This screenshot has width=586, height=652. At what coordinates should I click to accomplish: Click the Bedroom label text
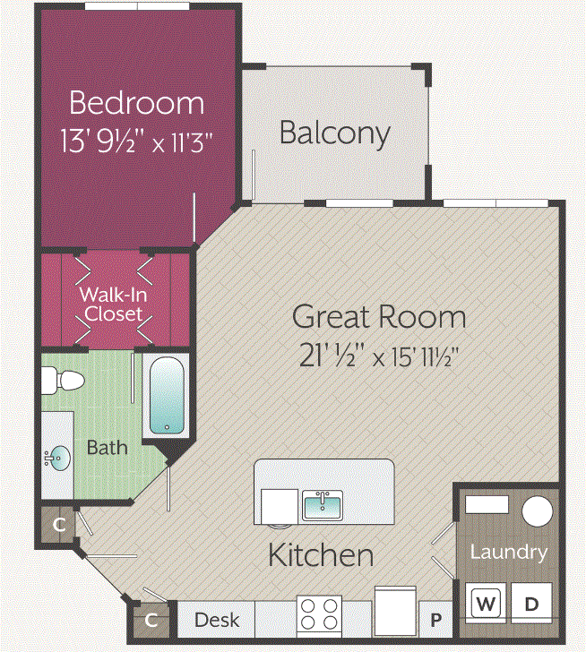point(136,103)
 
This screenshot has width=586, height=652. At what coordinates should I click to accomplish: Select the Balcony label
point(334,133)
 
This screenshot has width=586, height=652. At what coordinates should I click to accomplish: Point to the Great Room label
point(379,317)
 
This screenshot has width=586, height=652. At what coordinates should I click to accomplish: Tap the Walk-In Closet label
point(114,304)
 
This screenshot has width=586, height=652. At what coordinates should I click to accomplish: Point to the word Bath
point(107,447)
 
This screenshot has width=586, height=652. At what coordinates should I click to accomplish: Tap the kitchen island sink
point(322,506)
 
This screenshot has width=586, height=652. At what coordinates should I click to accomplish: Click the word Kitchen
point(321,554)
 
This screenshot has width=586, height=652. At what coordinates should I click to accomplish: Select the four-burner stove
point(320,616)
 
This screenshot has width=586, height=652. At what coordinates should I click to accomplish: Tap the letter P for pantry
point(437,620)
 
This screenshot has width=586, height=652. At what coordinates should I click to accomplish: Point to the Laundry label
point(508,552)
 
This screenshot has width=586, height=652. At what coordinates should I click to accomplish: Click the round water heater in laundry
point(537,511)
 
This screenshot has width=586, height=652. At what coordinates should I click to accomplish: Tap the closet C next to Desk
point(151,620)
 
